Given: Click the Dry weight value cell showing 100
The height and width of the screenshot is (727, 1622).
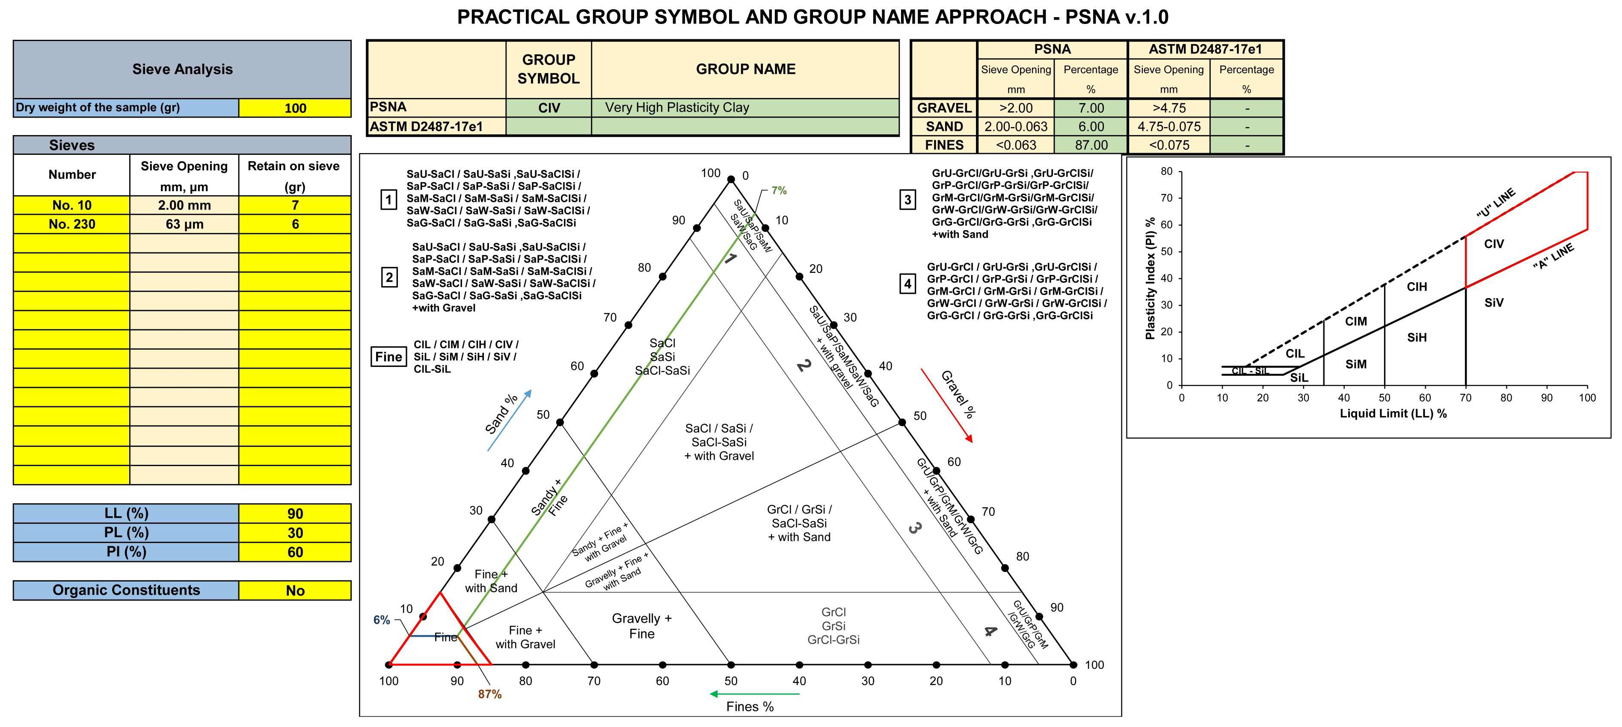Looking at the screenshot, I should coord(295,108).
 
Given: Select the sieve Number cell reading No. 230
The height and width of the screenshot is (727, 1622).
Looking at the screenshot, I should coord(72,224).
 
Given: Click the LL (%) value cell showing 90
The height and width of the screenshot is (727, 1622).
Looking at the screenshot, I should coord(295,514).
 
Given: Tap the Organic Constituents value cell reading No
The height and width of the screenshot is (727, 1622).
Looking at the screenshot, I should coord(295,591).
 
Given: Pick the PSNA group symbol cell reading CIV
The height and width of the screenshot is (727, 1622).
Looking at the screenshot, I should coord(549,108).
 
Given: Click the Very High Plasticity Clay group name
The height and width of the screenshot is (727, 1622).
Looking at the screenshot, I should coord(677,108).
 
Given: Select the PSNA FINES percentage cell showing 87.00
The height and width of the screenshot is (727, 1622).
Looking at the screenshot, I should coord(1091,145).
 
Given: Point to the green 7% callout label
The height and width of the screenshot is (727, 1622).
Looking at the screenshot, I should coord(779,190).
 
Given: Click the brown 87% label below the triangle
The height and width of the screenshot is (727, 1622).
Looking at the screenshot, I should coord(490,694).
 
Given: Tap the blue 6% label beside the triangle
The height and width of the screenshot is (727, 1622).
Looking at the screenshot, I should coord(382,620).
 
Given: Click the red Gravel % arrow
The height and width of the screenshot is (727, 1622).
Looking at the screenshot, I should coord(946,405).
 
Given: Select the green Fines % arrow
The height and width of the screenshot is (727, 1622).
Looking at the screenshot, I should coord(754,694).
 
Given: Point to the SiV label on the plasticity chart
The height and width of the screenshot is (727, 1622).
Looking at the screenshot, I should coord(1494,303).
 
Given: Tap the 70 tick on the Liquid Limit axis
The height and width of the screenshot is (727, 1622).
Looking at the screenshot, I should coord(1466,398).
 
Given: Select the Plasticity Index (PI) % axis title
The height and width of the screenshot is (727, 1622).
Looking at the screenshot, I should coord(1150,278).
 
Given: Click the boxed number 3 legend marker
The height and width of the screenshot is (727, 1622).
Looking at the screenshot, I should coord(907,200).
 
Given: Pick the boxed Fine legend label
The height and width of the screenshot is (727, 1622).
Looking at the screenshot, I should coord(388,357).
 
